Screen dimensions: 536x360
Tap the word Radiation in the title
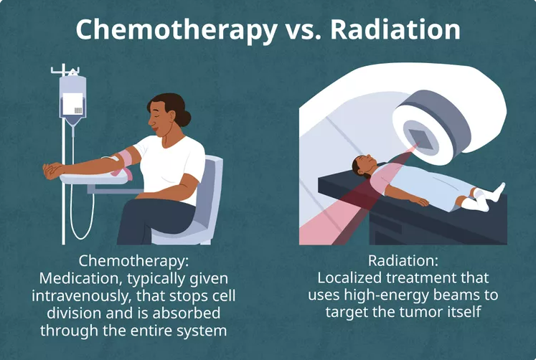(395, 29)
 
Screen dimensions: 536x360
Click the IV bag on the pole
(72, 100)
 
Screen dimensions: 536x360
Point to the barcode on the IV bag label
(78, 110)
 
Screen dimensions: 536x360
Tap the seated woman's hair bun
(184, 116)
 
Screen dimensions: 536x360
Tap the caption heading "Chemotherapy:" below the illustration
(133, 261)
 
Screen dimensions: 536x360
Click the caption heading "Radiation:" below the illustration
(403, 261)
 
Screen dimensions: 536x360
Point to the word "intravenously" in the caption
(81, 296)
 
